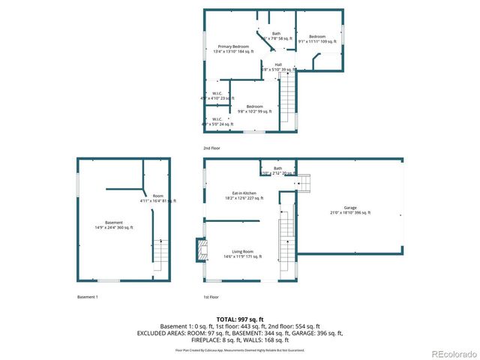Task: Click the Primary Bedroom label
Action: pos(233,46)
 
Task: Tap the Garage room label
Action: pos(349,208)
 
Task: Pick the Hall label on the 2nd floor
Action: pos(277,64)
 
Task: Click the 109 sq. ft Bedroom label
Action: pos(317,36)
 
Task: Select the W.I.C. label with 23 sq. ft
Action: pos(217,94)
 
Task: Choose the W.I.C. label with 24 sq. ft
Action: pos(217,119)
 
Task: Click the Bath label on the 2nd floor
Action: pos(276,33)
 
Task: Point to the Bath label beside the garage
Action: pos(277,168)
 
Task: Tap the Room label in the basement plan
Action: pos(157,196)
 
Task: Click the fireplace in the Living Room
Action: pos(199,250)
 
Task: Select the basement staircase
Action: pos(159,253)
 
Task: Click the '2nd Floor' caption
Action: pos(211,148)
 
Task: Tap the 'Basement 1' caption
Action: pos(88,297)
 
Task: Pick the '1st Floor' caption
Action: pos(211,297)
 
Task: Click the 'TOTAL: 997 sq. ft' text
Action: pos(240,319)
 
